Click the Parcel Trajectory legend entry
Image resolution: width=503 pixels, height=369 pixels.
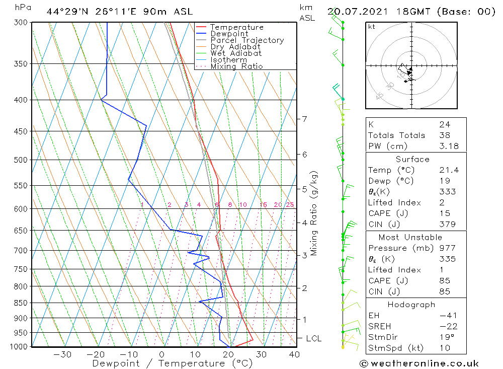pyautogui.click(x=246, y=40)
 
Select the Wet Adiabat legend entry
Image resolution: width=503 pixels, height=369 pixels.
pyautogui.click(x=235, y=53)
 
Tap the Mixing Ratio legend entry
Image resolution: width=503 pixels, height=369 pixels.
pyautogui.click(x=236, y=66)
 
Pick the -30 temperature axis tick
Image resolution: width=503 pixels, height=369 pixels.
pyautogui.click(x=63, y=354)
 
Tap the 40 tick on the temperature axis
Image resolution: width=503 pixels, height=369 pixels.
pyautogui.click(x=294, y=354)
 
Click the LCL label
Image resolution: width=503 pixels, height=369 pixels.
pyautogui.click(x=313, y=339)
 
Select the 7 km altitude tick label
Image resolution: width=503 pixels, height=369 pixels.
pyautogui.click(x=305, y=119)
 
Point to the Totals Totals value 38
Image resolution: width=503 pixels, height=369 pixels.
pyautogui.click(x=445, y=135)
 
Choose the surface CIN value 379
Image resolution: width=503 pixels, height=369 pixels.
pyautogui.click(x=447, y=225)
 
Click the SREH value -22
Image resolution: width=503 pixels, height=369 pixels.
pyautogui.click(x=448, y=326)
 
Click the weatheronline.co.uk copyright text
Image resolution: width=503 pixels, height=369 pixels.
pyautogui.click(x=419, y=363)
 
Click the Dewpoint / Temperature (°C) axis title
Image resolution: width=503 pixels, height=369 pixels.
pyautogui.click(x=172, y=363)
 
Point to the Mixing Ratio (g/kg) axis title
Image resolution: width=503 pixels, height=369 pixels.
pyautogui.click(x=314, y=213)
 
